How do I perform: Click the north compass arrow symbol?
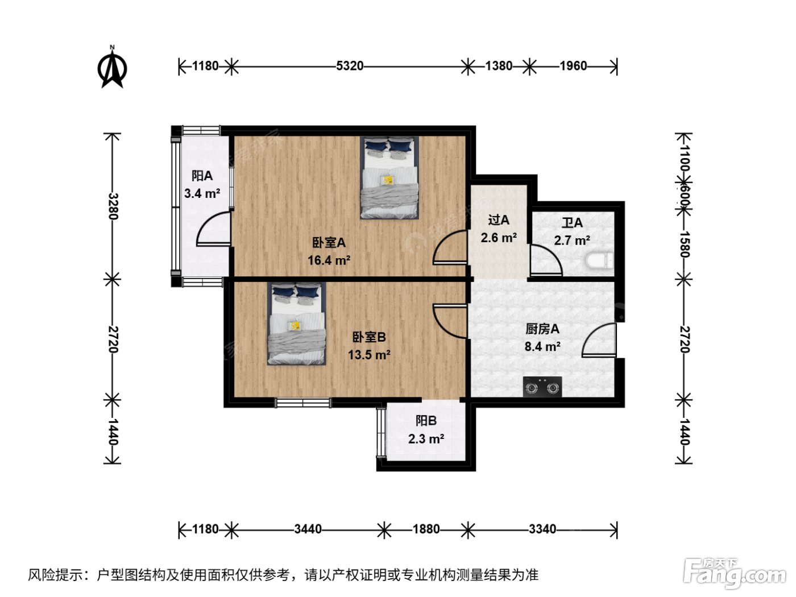point(112,68)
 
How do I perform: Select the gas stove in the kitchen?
point(542,387)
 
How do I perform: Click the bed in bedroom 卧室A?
point(389,177)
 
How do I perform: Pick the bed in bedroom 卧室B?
point(296,324)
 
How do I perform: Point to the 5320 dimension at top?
point(350,66)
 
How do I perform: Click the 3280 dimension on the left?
point(113,206)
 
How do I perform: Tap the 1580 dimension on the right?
point(685,244)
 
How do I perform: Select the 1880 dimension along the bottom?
point(426,529)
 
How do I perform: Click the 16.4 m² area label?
point(329,260)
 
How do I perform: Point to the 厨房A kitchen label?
point(542,329)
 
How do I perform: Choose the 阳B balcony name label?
point(426,421)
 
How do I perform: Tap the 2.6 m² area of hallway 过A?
point(499,238)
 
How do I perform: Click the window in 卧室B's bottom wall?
point(303,403)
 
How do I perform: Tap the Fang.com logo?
point(735,573)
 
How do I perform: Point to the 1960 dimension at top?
point(573,66)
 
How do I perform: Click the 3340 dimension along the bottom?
point(542,529)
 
